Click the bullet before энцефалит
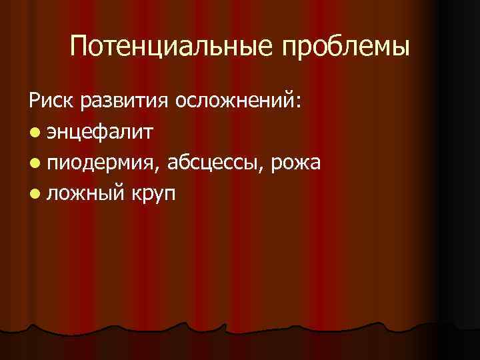(34, 133)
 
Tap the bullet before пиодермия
(34, 163)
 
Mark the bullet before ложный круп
(34, 194)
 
